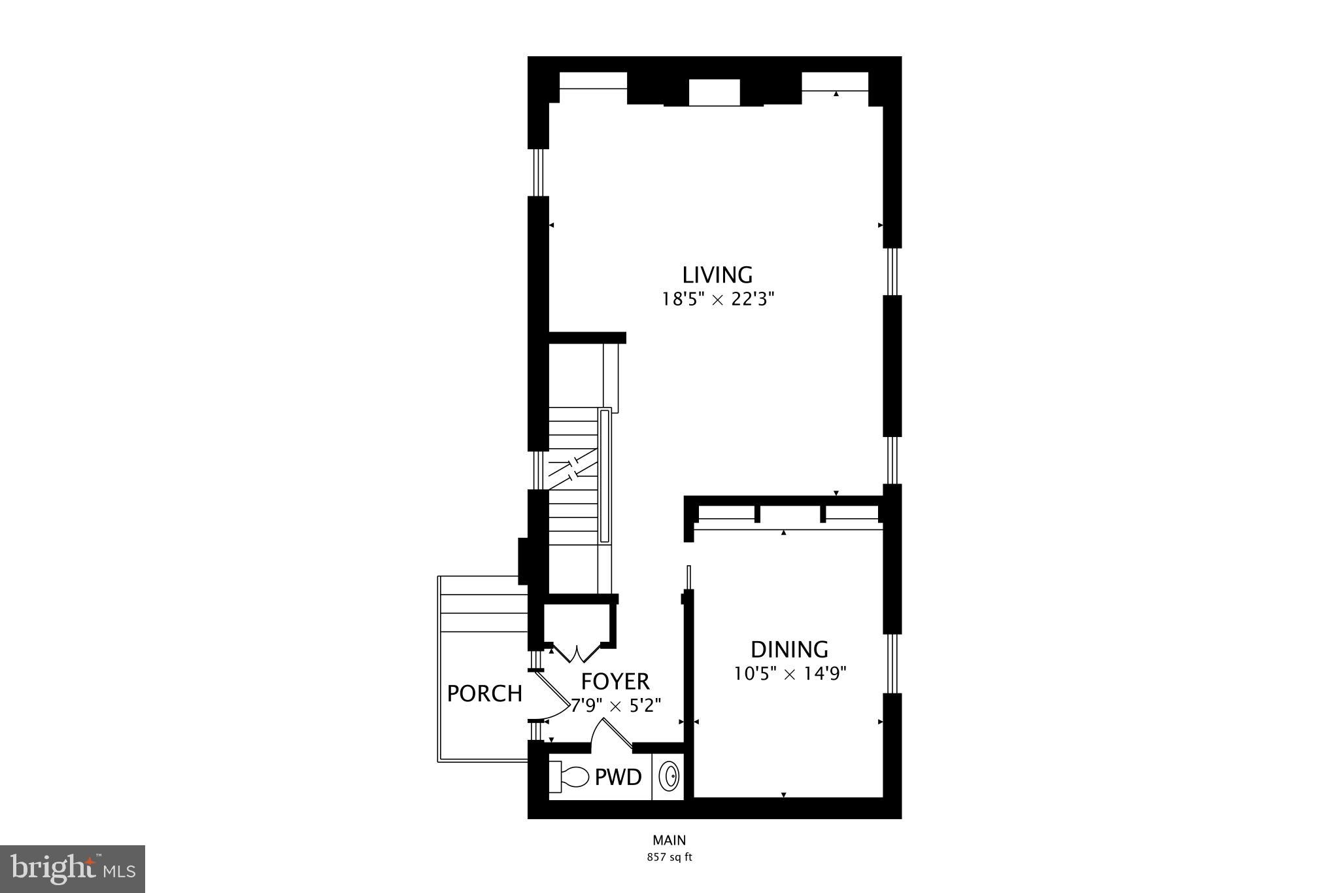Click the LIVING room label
[717, 275]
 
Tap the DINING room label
[789, 650]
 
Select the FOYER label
[615, 682]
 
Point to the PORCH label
[484, 693]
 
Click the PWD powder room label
[618, 778]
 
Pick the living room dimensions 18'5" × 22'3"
[717, 300]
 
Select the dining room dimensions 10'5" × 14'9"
[790, 674]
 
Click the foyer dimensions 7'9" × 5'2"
[616, 706]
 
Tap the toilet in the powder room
[570, 777]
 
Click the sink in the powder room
[669, 777]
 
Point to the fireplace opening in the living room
[714, 92]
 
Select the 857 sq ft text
[669, 857]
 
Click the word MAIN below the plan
[669, 841]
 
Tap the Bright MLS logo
[73, 869]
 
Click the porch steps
[484, 612]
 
